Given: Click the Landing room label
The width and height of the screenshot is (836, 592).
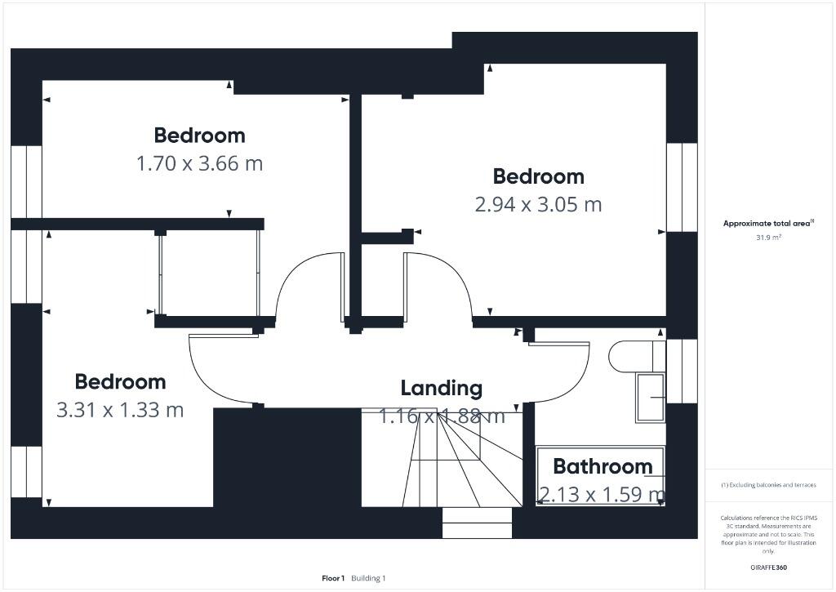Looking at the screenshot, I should pos(441,388).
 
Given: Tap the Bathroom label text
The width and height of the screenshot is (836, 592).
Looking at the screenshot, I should pos(603,466).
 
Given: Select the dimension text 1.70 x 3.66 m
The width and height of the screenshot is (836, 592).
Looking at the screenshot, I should pos(199,163).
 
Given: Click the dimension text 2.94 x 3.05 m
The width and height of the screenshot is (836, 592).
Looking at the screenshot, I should pos(538,204).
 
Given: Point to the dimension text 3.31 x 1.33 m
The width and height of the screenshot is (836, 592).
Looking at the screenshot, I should pos(120,409).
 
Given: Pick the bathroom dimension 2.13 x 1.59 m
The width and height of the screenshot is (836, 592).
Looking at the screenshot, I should pos(602,494).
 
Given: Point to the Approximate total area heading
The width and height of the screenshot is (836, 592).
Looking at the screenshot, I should pos(766,223).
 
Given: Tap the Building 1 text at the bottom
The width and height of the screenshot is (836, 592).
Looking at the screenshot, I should pos(368,578).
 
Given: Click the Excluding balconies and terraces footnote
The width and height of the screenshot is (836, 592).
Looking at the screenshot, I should pos(767,485).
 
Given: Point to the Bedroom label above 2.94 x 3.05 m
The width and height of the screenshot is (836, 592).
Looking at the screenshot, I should pos(538,176).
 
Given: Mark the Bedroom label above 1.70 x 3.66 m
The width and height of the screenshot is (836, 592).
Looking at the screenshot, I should pos(199,136).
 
